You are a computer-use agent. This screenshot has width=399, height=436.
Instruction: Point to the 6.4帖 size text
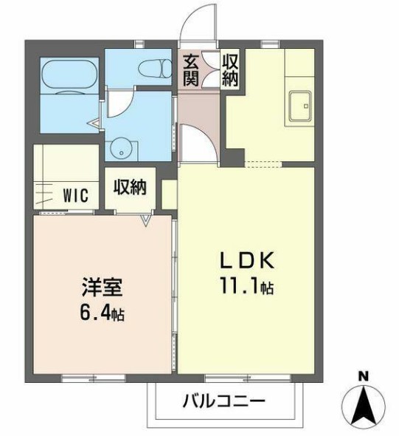(x=101, y=313)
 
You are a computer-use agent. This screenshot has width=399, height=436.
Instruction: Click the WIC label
(x=75, y=196)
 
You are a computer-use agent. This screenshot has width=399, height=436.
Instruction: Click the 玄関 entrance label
(x=191, y=70)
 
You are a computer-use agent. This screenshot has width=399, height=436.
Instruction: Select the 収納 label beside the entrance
(x=229, y=70)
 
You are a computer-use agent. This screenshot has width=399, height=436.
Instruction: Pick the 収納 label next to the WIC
(x=131, y=187)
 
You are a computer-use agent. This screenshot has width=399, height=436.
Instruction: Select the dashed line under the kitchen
(x=261, y=164)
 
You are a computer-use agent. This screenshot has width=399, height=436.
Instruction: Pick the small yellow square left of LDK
(x=169, y=194)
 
